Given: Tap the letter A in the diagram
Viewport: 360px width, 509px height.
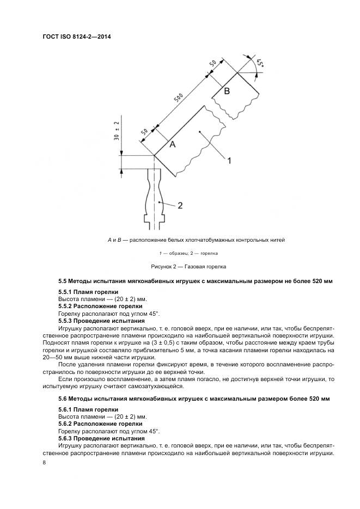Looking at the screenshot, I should click(x=172, y=144).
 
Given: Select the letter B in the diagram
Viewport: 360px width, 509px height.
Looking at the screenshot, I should click(x=227, y=91).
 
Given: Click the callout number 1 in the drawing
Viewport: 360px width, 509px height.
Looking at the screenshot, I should click(x=229, y=160).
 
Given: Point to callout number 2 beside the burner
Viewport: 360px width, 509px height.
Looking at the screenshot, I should click(x=179, y=205).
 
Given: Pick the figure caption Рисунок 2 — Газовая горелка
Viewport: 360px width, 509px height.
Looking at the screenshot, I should click(x=188, y=267).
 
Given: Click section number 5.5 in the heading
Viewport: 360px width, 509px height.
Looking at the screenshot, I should click(x=63, y=281).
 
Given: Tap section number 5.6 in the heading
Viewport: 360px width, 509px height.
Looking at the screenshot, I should click(x=63, y=399).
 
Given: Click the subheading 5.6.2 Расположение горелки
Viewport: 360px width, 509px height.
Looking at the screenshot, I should click(x=100, y=423).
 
